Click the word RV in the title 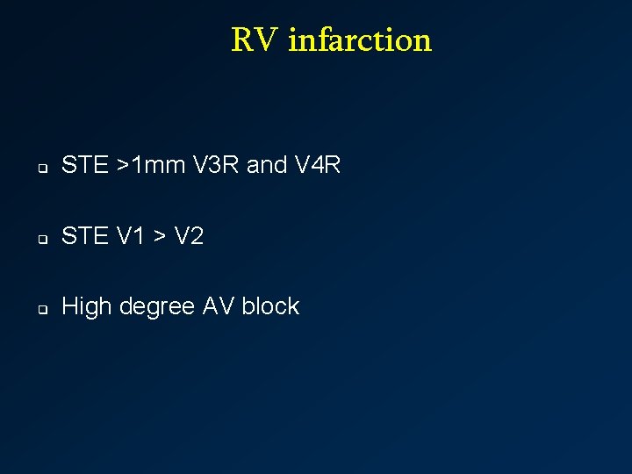pyautogui.click(x=255, y=40)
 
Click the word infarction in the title pyautogui.click(x=360, y=40)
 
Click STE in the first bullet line pyautogui.click(x=84, y=165)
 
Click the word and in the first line pyautogui.click(x=267, y=165)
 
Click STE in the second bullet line pyautogui.click(x=84, y=236)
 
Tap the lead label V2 pyautogui.click(x=189, y=236)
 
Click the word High pyautogui.click(x=87, y=306)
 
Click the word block pyautogui.click(x=270, y=306)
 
